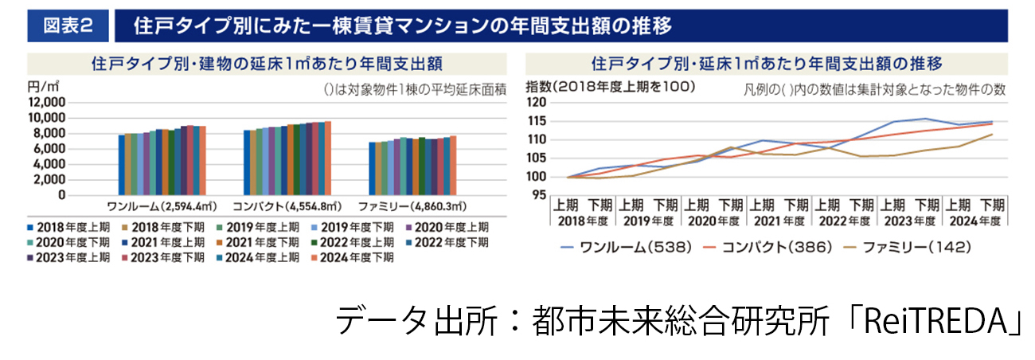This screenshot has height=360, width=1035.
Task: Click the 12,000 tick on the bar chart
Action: click(46, 103)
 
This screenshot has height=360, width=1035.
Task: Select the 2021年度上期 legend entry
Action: click(157, 242)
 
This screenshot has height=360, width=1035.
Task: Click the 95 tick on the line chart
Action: click(540, 195)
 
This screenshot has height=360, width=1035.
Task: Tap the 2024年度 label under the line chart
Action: click(975, 221)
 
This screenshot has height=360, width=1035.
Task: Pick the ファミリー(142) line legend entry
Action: click(898, 248)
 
